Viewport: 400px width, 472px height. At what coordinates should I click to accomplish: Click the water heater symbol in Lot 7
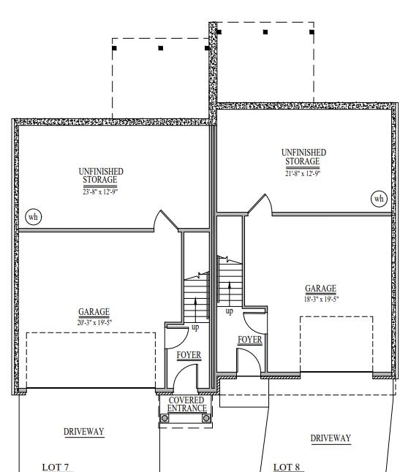click(34, 217)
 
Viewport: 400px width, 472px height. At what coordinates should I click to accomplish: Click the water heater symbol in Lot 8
click(379, 199)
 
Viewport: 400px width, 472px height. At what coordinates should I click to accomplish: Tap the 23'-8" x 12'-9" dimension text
click(100, 191)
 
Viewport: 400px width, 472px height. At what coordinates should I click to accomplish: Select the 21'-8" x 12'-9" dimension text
click(303, 173)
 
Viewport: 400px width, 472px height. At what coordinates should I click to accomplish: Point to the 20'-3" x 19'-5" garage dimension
click(94, 322)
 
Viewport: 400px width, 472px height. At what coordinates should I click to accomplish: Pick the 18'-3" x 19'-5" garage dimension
click(321, 300)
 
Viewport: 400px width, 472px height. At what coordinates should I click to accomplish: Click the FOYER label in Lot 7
click(189, 355)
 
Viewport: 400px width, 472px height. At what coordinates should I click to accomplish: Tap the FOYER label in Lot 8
click(250, 340)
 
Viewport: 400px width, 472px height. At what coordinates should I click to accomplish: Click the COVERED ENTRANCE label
click(186, 404)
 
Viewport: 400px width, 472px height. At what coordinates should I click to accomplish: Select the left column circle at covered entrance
click(165, 418)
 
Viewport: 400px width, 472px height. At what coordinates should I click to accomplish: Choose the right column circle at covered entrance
click(206, 418)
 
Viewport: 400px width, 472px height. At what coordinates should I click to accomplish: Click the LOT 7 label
click(56, 467)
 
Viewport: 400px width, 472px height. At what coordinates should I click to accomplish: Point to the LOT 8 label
click(287, 467)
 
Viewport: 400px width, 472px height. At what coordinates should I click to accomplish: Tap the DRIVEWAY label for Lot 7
click(84, 432)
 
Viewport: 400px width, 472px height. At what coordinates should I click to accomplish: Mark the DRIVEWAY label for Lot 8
click(331, 438)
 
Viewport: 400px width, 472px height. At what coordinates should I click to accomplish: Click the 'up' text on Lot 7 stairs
click(195, 327)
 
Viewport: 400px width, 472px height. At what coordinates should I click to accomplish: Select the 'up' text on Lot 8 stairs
click(229, 311)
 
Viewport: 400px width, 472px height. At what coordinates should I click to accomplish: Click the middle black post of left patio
click(161, 48)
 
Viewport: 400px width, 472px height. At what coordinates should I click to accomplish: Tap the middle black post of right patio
click(265, 32)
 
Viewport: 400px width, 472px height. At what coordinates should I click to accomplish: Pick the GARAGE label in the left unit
click(94, 312)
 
